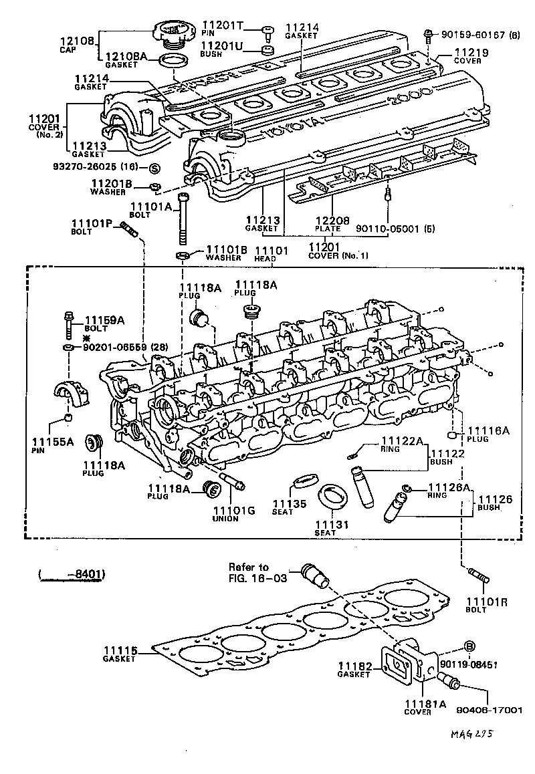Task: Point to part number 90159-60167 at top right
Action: click(x=471, y=34)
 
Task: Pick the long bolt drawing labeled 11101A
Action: click(x=184, y=221)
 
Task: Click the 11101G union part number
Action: click(x=234, y=511)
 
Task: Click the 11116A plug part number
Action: click(x=488, y=431)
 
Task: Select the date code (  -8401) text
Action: click(x=72, y=573)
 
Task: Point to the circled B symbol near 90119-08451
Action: click(x=469, y=646)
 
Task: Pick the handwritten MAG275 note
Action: click(x=471, y=734)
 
